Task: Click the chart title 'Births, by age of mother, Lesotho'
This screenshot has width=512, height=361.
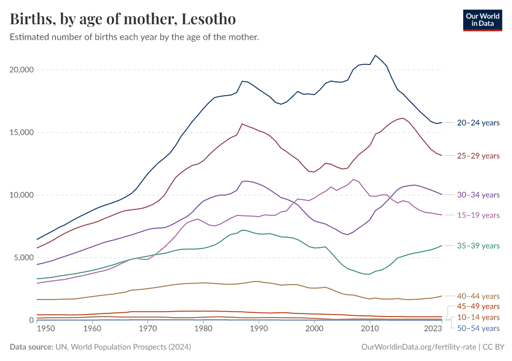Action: tap(122, 19)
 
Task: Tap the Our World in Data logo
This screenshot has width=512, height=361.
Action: tap(482, 20)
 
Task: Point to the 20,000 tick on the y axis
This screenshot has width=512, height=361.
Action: tap(22, 70)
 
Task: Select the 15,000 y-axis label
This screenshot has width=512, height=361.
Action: tap(22, 132)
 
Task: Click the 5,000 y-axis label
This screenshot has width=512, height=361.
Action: tap(24, 258)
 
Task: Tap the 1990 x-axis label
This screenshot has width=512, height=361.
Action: tap(258, 329)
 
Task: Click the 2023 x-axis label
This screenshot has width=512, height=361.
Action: tap(433, 329)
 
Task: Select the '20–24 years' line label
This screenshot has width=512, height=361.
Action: tap(478, 123)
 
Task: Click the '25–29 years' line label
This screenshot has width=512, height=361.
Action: tap(478, 156)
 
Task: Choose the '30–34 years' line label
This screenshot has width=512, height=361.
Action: tap(478, 195)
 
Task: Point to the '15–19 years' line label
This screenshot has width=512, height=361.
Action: tap(478, 215)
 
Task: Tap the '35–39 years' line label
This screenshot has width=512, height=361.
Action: tap(478, 245)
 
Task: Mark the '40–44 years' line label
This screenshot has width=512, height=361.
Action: tap(478, 296)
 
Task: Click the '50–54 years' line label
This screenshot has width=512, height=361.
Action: tap(478, 328)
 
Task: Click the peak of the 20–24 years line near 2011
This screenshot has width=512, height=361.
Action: tap(375, 55)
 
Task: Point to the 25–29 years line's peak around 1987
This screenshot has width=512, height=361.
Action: tap(242, 124)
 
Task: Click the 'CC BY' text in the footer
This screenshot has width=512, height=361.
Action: tap(493, 347)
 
